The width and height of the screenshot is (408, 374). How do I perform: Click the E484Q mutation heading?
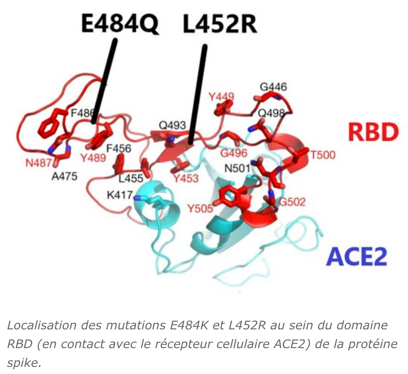[x=120, y=24]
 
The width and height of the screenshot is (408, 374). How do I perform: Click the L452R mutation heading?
[x=220, y=24]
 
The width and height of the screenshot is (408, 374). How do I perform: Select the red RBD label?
[x=373, y=132]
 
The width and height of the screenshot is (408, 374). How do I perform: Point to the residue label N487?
[x=39, y=162]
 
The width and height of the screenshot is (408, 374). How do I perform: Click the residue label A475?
[x=65, y=176]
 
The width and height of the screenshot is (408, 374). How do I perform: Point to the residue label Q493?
[x=172, y=126]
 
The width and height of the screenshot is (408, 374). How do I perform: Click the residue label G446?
[x=273, y=87]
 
